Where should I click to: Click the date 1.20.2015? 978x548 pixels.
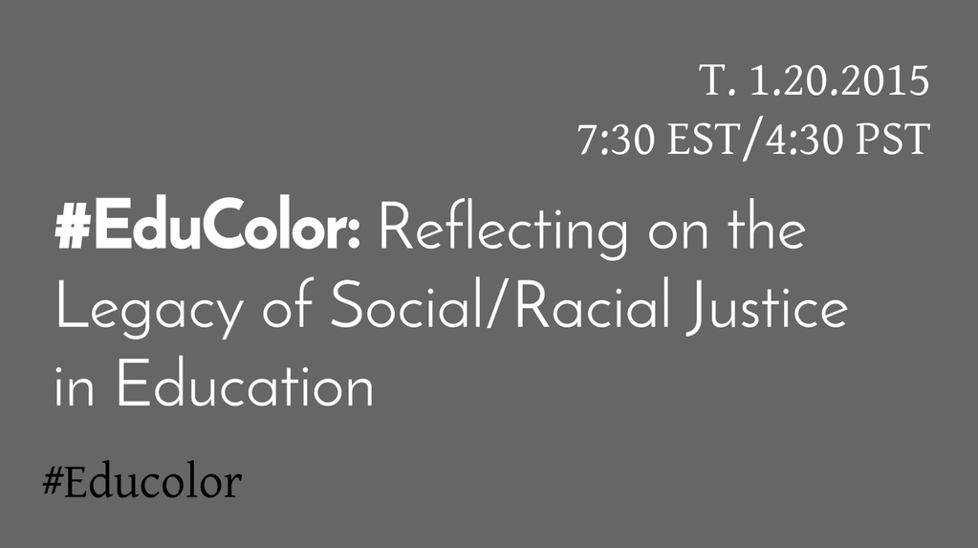pos(839,80)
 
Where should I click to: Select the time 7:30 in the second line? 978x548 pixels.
pos(617,139)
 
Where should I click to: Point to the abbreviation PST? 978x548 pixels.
pos(893,139)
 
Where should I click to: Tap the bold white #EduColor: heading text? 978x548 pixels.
pos(207,224)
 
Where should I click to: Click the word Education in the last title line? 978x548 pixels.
pos(245,384)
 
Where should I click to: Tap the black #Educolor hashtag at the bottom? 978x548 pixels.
pos(142,482)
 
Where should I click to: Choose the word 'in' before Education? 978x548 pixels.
pos(75,387)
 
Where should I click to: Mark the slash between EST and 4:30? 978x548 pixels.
pos(752,140)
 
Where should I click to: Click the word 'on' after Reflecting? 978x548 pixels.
pos(678,233)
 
